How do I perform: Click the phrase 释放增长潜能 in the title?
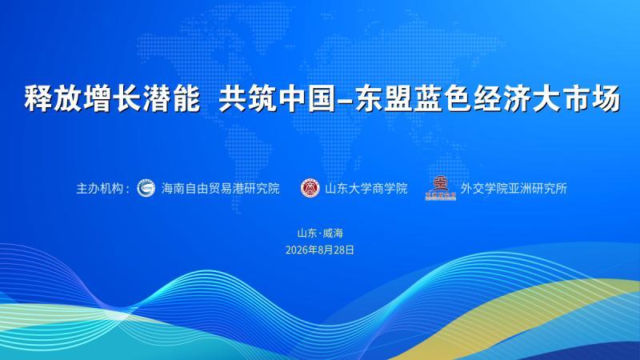click(x=112, y=98)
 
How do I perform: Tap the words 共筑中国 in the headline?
click(x=277, y=98)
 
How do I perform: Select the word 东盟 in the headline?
click(x=383, y=98)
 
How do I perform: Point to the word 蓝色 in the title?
click(x=442, y=98)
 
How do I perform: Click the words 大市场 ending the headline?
click(x=576, y=98)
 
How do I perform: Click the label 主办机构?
click(x=99, y=188)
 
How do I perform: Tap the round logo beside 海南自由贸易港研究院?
click(x=146, y=188)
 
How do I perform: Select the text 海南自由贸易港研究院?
click(x=221, y=188)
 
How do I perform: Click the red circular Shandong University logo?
click(x=310, y=188)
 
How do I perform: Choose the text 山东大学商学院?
click(x=366, y=188)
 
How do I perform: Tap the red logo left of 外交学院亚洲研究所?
click(x=441, y=188)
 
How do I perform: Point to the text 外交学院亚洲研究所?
click(x=514, y=188)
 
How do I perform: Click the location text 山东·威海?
click(x=320, y=233)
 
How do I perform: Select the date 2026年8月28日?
click(x=320, y=250)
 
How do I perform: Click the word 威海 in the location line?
click(x=333, y=233)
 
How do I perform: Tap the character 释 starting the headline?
click(x=38, y=98)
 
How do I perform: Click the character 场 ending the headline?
click(x=606, y=98)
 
